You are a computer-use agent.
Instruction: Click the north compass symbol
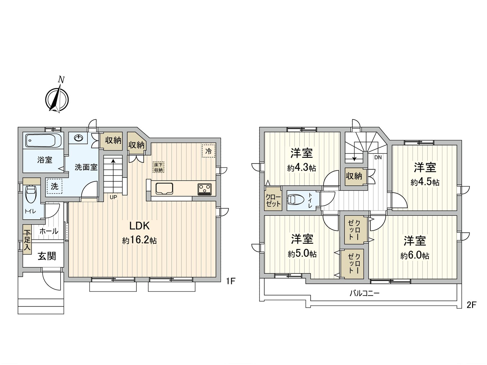(57, 99)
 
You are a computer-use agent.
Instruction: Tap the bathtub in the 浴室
(44, 141)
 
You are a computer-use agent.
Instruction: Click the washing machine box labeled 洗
(54, 186)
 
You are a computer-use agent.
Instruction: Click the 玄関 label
(47, 256)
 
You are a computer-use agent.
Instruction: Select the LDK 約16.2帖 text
(139, 233)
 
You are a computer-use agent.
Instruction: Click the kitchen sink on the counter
(164, 189)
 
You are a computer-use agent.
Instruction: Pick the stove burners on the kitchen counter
(205, 189)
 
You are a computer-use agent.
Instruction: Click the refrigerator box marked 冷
(208, 151)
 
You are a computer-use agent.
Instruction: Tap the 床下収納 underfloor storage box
(158, 167)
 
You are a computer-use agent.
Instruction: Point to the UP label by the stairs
(113, 197)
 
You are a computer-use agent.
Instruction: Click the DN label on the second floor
(378, 158)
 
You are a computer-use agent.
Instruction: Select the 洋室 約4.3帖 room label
(301, 160)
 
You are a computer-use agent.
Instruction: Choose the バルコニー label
(364, 293)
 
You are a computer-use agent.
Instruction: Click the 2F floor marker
(471, 305)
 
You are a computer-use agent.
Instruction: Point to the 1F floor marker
(231, 281)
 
